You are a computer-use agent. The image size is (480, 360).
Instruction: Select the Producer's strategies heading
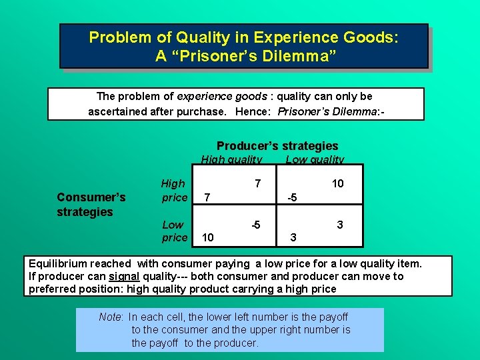point(277,145)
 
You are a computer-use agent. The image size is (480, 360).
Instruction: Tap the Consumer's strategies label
point(91,204)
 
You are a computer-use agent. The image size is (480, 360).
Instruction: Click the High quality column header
point(231,160)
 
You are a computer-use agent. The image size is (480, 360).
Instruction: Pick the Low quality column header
point(315,160)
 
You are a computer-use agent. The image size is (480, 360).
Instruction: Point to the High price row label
point(174,190)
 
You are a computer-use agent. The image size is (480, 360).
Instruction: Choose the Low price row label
point(175,231)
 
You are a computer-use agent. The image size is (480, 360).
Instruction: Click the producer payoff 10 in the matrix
point(337,183)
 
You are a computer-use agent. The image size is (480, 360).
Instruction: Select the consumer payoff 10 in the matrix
point(208,237)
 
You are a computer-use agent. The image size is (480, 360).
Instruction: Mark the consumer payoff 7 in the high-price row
point(208,198)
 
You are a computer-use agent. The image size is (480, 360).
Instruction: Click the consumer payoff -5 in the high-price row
point(291,198)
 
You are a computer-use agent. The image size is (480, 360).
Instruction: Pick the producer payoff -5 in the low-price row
point(255,225)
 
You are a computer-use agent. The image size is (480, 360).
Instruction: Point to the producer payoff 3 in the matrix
point(340,225)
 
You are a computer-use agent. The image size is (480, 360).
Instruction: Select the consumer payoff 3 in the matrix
point(291,237)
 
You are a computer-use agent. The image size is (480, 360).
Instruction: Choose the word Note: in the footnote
point(111,317)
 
